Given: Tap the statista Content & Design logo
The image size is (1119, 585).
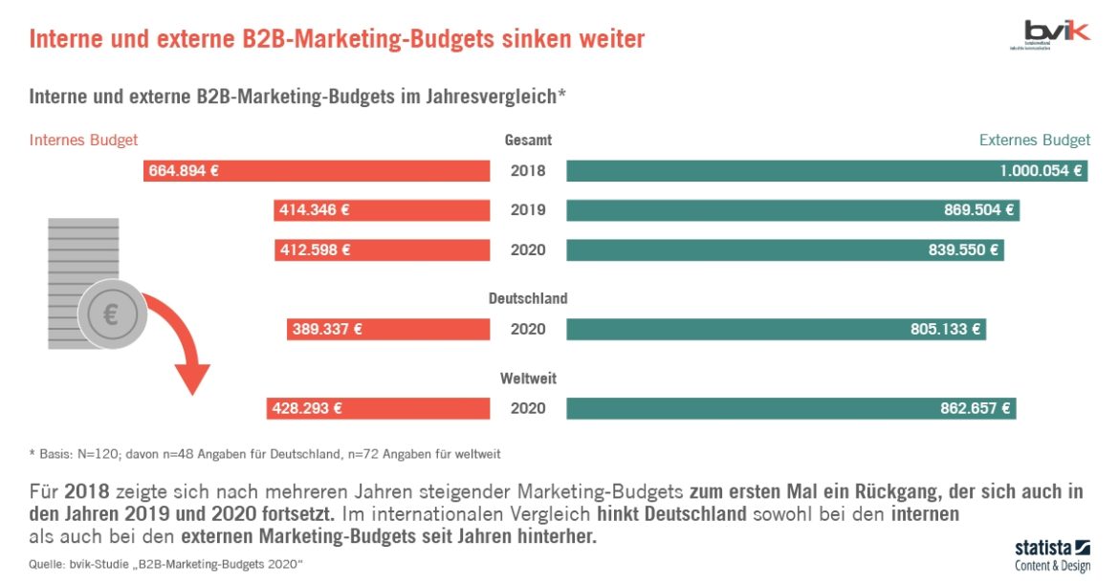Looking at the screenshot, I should coord(1052,555).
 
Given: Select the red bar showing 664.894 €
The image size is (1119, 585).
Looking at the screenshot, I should coord(317,171).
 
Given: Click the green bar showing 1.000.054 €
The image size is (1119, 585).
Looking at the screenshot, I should coord(826,171).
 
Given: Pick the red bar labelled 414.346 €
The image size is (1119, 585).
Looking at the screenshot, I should coord(382,210).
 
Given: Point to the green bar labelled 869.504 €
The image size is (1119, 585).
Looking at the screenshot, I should coord(793,210).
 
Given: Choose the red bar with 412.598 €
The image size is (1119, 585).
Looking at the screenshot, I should coord(382,250).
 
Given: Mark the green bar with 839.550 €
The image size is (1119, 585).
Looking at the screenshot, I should coord(785,250).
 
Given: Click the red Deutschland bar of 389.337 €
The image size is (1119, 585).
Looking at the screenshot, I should coord(388,330).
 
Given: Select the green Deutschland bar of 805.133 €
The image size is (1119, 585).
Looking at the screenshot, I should coord(776,330).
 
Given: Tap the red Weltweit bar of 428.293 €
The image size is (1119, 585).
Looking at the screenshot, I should coord(379,408).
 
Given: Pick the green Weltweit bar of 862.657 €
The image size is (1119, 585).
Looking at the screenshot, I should coord(791,408).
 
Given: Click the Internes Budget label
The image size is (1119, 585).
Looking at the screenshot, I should coord(84,141).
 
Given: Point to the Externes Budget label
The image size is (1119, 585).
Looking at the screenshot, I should coord(1034,141).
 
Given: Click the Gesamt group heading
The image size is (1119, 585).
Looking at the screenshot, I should coord(528,141).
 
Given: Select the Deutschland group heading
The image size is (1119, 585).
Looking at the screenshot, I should coord(528,298).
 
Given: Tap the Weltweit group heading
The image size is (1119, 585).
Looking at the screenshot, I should coord(528,379).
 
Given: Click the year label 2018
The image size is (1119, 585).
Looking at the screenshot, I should coord(528,171).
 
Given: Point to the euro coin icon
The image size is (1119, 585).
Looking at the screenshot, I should coord(111,315).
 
